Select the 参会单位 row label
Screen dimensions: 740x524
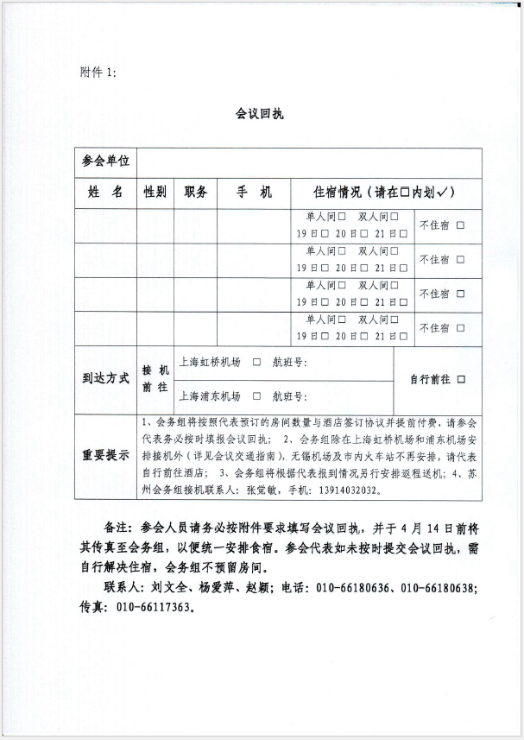pyautogui.click(x=105, y=161)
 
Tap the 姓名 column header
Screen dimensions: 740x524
pyautogui.click(x=105, y=192)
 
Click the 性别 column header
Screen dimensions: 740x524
pyautogui.click(x=155, y=192)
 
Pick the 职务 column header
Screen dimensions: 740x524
pyautogui.click(x=196, y=192)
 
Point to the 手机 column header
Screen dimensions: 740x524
pyautogui.click(x=254, y=192)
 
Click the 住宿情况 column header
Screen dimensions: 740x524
pyautogui.click(x=386, y=192)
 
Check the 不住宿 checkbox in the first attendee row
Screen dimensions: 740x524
pyautogui.click(x=460, y=225)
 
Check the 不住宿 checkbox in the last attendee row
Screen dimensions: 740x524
pyautogui.click(x=460, y=328)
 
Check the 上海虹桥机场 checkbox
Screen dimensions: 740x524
pyautogui.click(x=256, y=363)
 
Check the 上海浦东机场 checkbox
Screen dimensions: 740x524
pyautogui.click(x=256, y=397)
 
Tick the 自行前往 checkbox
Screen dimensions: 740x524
pyautogui.click(x=463, y=379)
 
